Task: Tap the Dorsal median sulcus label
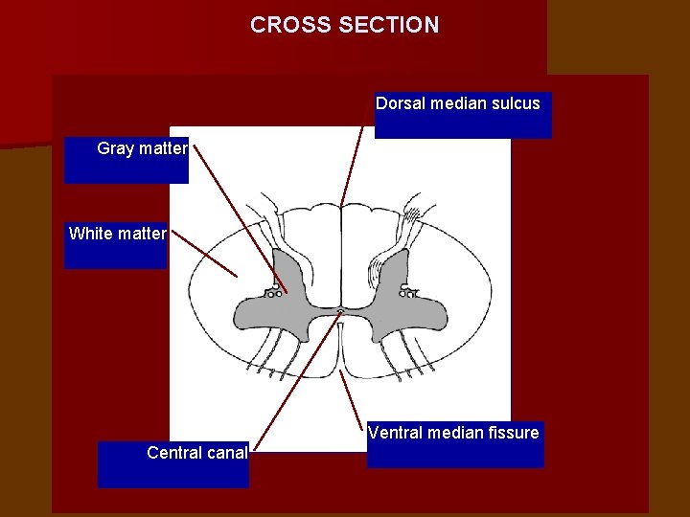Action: pos(458,103)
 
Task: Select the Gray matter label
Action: pos(142,148)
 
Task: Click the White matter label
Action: pos(117,234)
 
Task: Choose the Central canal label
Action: pos(196,453)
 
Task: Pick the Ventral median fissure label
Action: pos(453,434)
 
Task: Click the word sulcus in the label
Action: pos(515,103)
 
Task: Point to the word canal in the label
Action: pos(225,453)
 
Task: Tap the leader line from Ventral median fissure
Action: pos(354,397)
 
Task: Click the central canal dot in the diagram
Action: pos(341,311)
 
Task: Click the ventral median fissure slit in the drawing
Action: pos(341,354)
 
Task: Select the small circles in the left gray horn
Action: pos(274,291)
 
